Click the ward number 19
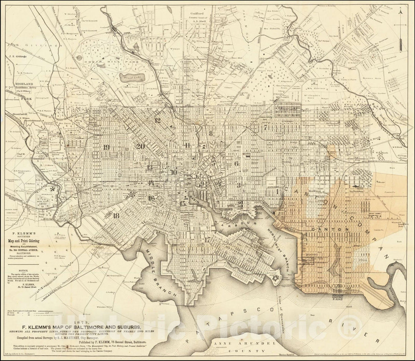tap(106, 147)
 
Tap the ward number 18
tap(116, 216)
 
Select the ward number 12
tap(157, 120)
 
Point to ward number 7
tap(265, 128)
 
